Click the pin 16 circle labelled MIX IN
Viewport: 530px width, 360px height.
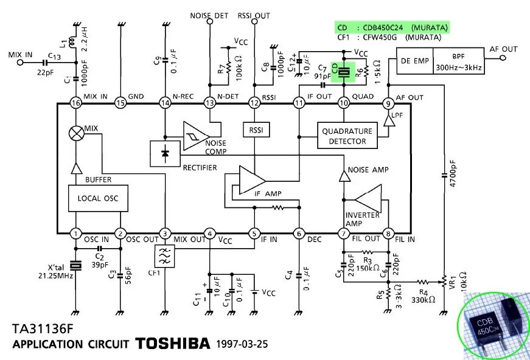[x=75, y=103]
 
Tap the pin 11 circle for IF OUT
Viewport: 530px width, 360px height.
[x=299, y=103]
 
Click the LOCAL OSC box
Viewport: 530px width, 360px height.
[x=97, y=198]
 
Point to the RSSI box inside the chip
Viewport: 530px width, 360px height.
[x=254, y=130]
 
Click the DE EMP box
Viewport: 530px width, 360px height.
[x=414, y=61]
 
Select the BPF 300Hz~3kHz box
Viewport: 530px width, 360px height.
[x=458, y=61]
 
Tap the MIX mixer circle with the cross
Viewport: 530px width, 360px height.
[x=76, y=133]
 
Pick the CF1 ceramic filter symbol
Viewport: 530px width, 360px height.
[x=165, y=257]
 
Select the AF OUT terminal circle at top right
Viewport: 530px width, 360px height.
[x=503, y=58]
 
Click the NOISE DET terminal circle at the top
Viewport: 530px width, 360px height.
[x=209, y=21]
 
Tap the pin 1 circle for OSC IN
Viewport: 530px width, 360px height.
[x=75, y=234]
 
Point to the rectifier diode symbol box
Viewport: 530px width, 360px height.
[x=165, y=154]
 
